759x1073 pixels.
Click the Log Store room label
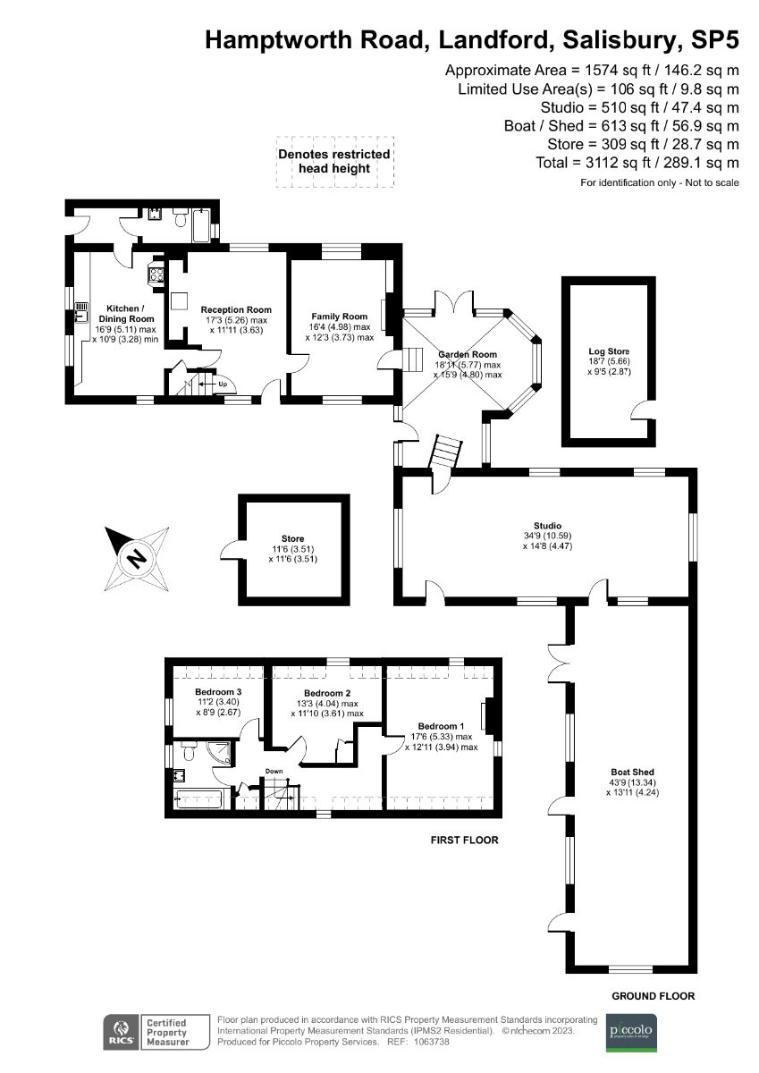click(604, 351)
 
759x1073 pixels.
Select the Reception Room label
click(235, 309)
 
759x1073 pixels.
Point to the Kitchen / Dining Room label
click(124, 313)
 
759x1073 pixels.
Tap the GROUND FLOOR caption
click(653, 996)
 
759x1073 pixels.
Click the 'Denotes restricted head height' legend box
click(333, 161)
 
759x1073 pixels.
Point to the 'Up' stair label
click(221, 384)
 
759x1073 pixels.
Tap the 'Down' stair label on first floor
click(274, 771)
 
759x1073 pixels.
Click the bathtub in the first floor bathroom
click(203, 798)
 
